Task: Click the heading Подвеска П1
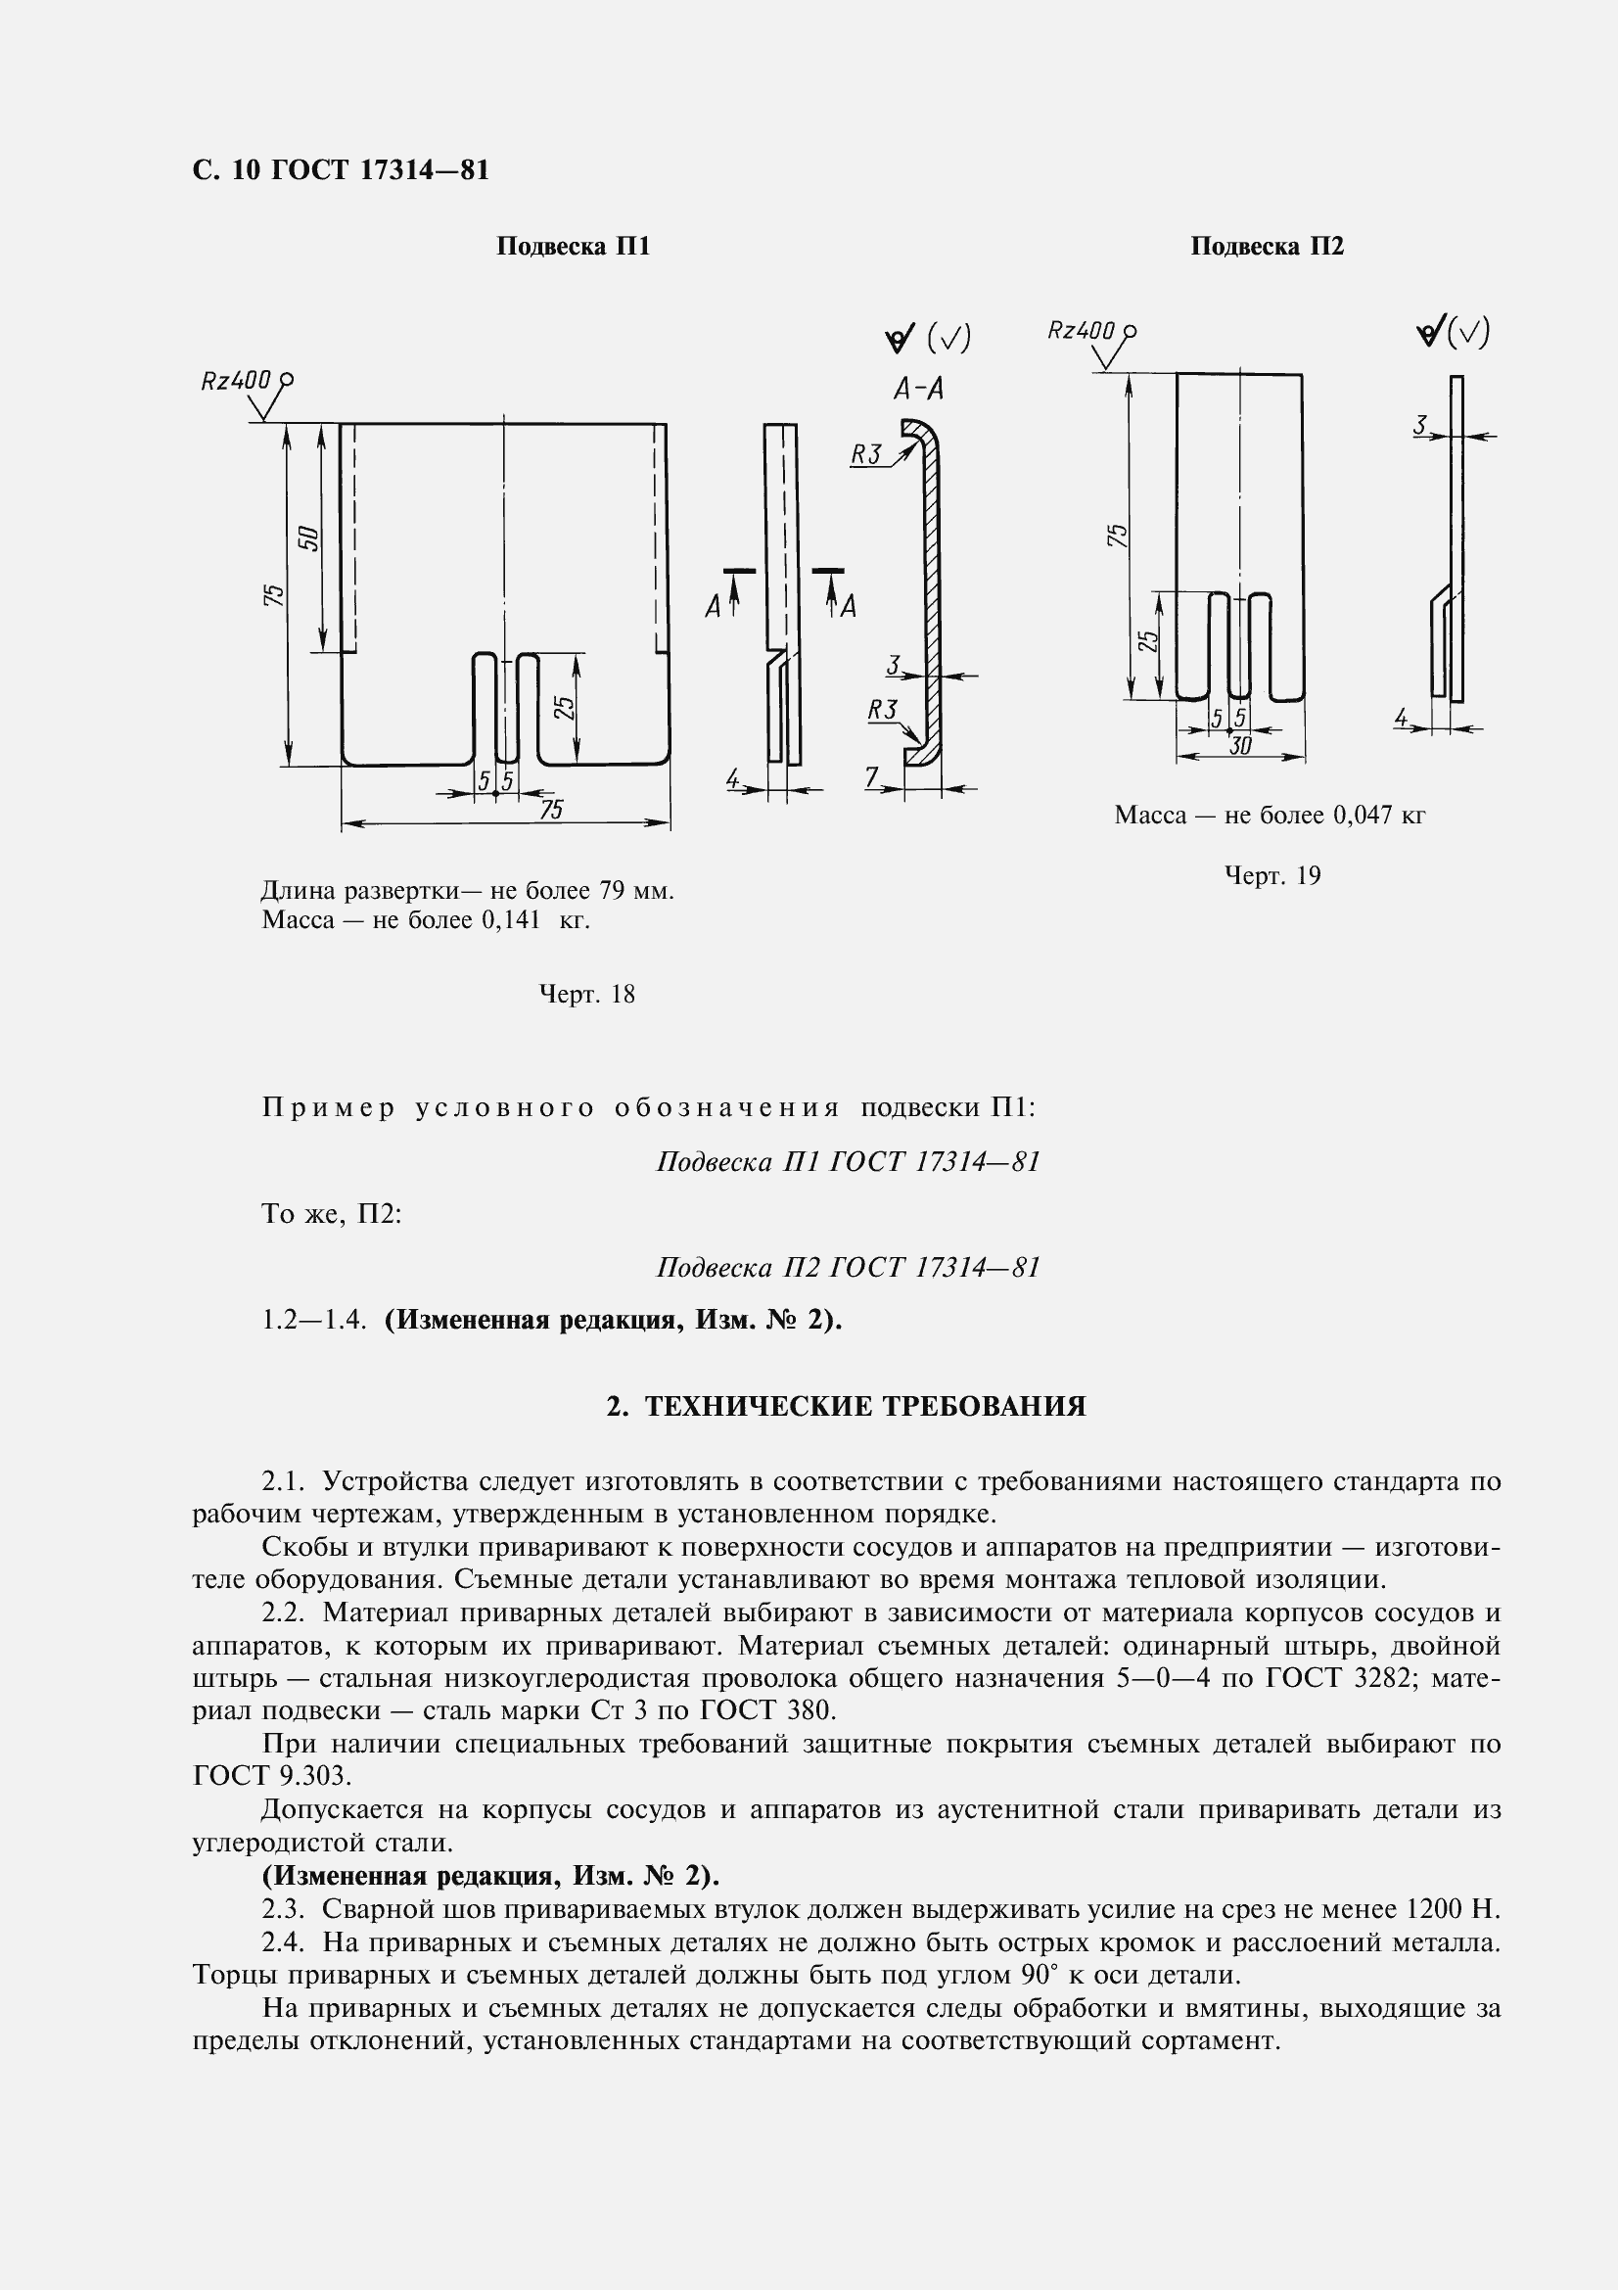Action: point(573,247)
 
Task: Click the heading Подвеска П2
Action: point(1266,247)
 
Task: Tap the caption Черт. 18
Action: point(586,995)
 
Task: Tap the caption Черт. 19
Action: point(1272,875)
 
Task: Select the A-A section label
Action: point(918,389)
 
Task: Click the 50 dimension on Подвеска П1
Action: point(309,537)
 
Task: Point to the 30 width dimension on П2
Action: point(1239,746)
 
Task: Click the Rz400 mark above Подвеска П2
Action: point(1081,330)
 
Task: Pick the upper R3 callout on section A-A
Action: point(865,455)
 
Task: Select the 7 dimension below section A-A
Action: point(871,777)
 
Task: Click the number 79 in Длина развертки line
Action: point(611,890)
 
